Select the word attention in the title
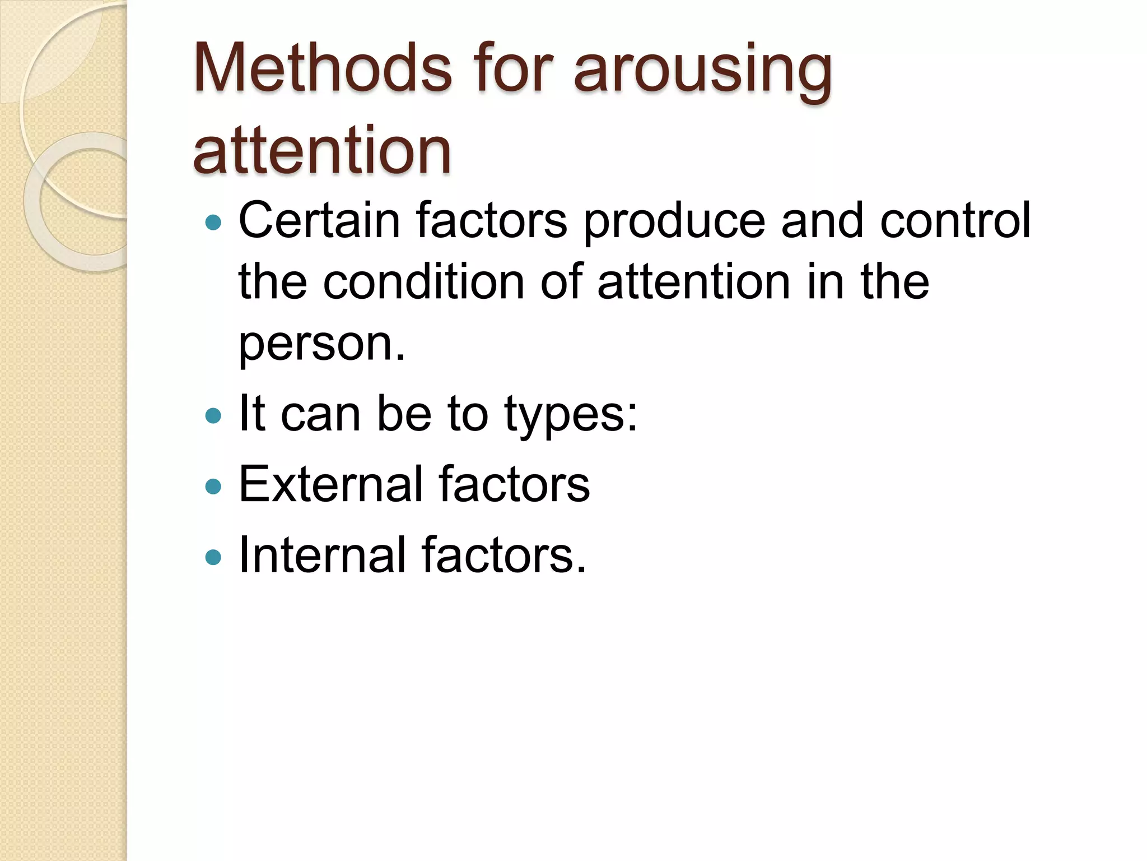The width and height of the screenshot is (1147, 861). click(x=322, y=150)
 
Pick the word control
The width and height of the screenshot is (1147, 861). click(x=955, y=220)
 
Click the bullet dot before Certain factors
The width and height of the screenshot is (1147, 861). click(x=213, y=223)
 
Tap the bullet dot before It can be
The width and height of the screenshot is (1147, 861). click(x=213, y=415)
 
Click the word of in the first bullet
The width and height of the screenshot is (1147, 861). click(x=562, y=281)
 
